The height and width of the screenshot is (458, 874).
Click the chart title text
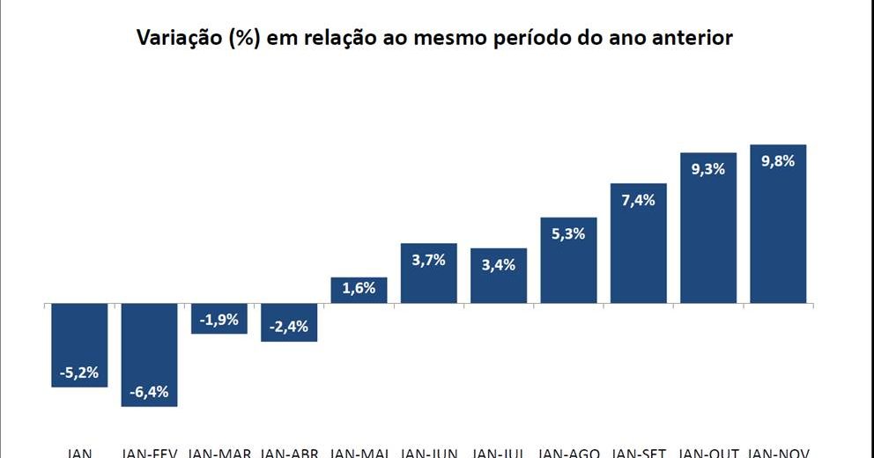[434, 39]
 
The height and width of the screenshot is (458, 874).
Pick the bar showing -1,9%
[218, 319]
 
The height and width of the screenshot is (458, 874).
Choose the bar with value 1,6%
[359, 291]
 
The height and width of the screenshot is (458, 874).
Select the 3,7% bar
[429, 274]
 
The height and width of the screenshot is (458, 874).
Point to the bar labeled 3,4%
[499, 277]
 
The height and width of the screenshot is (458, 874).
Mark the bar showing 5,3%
[568, 261]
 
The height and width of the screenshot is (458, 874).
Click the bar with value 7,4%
[639, 244]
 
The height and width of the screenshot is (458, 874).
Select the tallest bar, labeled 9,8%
[778, 225]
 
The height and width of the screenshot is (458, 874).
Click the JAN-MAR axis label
[220, 453]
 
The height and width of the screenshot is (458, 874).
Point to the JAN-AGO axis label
[569, 453]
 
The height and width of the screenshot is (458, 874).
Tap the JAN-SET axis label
[639, 453]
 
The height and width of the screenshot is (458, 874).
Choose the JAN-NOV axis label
[780, 453]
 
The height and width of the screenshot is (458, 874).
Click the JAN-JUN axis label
[429, 453]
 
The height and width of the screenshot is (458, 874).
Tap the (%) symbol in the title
[243, 39]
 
